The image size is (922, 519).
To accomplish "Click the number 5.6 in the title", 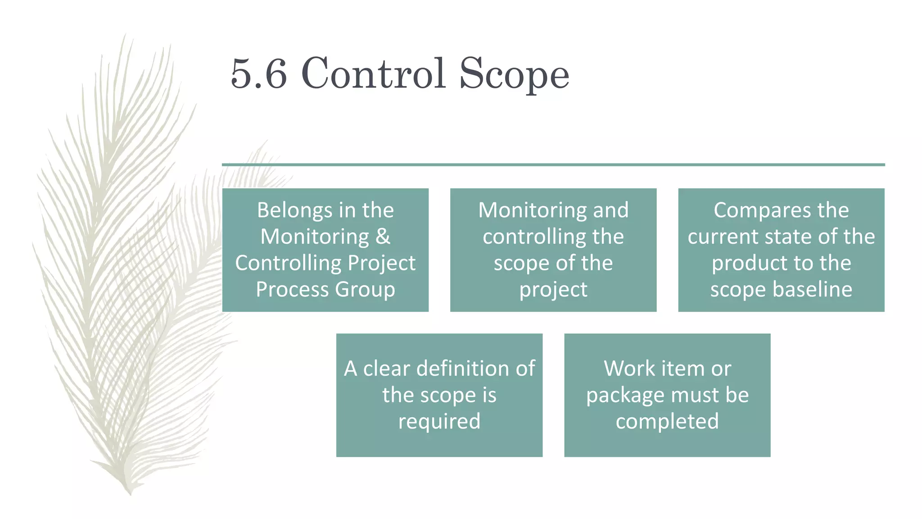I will point(258,73).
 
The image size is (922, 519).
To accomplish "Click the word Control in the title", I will point(373,73).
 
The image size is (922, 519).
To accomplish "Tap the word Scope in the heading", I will point(514,74).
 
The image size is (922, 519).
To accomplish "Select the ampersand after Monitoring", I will point(383,237).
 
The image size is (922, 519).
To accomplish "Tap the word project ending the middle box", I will point(553,290).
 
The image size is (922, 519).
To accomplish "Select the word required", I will point(439,421).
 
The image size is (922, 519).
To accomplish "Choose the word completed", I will point(667,421).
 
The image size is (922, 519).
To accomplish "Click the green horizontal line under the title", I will point(553,165).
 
